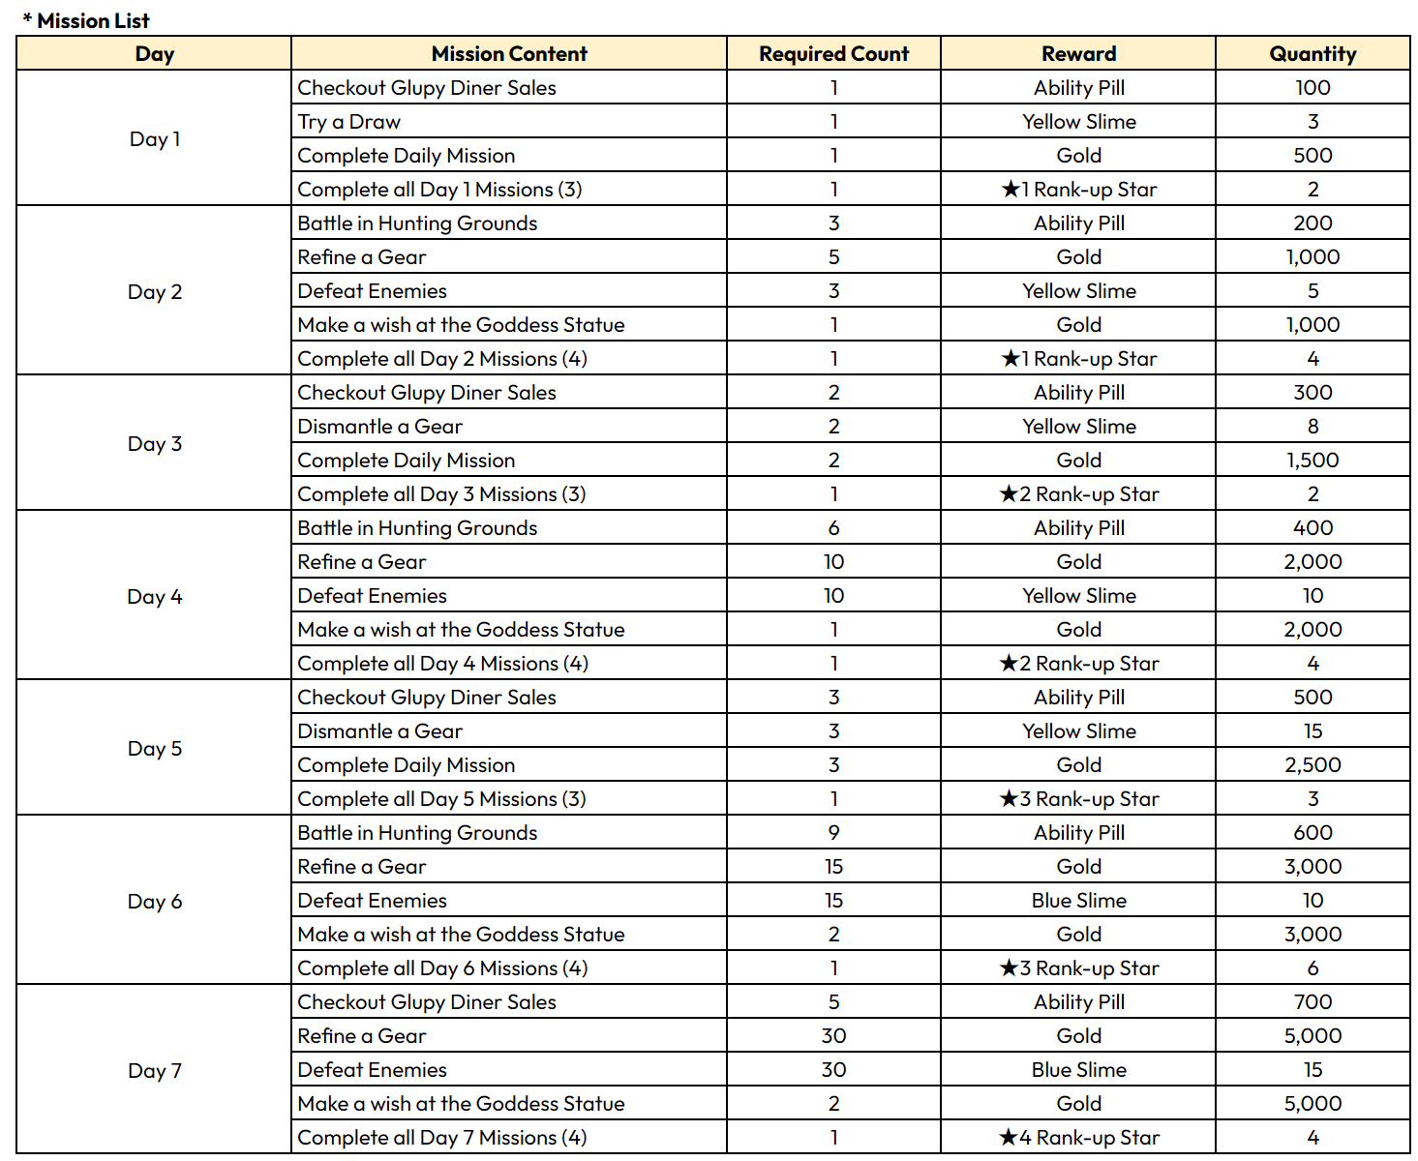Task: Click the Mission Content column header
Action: tap(509, 54)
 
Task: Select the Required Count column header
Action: tap(833, 54)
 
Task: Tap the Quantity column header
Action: tap(1312, 54)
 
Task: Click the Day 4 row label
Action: tap(155, 597)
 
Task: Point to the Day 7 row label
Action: tap(155, 1071)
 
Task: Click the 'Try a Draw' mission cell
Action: tap(349, 122)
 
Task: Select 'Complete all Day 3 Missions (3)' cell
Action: tap(441, 494)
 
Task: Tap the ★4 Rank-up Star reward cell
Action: tap(1078, 1138)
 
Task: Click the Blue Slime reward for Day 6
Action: tap(1078, 901)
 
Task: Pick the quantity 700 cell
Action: tap(1312, 1002)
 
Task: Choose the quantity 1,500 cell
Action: tap(1312, 461)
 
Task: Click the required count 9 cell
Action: tap(833, 833)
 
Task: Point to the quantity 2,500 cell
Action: tap(1312, 765)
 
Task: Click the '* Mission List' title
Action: tap(86, 20)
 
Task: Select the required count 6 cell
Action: tap(833, 528)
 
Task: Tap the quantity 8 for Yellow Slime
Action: tap(1312, 427)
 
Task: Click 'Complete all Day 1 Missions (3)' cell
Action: tap(439, 190)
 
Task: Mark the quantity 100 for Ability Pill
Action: tap(1312, 88)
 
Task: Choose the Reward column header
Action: tap(1078, 54)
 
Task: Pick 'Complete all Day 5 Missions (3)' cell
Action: tap(441, 799)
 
